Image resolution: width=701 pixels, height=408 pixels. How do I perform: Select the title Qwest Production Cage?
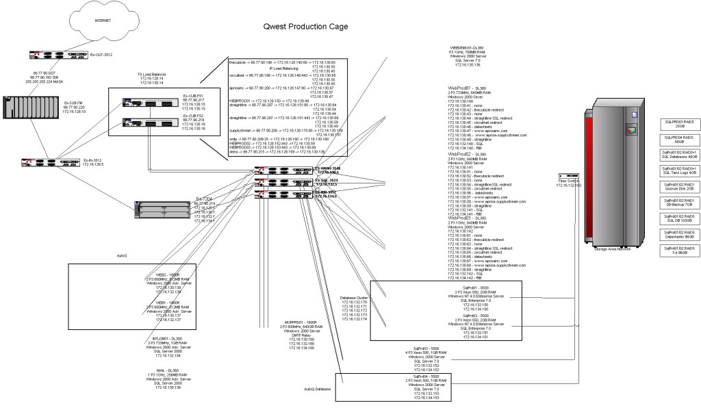(x=309, y=27)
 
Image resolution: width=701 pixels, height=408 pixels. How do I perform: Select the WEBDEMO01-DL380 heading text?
(x=467, y=49)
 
